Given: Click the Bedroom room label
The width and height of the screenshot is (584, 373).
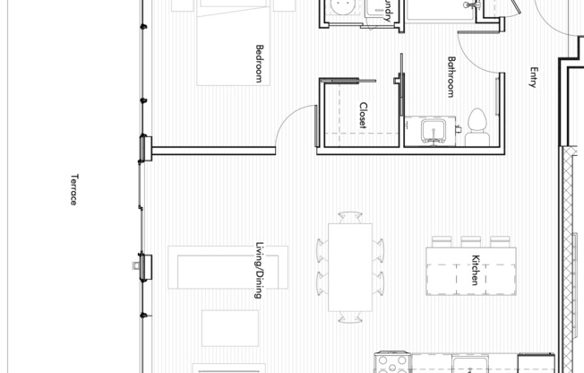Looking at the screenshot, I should click(259, 64).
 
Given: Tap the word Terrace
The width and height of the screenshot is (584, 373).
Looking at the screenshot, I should click(73, 189).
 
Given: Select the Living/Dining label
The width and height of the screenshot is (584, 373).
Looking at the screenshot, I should click(259, 270).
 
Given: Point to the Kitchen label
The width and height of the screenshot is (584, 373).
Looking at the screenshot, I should click(475, 271).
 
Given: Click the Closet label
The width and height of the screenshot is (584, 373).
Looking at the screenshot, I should click(363, 116).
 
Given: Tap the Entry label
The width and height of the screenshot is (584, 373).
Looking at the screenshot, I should click(533, 78).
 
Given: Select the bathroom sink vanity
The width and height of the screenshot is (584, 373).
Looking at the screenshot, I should click(432, 132).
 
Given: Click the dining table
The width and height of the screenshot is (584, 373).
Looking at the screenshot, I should click(350, 266).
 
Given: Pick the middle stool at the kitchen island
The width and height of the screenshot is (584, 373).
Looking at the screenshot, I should click(471, 241).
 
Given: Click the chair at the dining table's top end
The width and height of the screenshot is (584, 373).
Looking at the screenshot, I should click(350, 216).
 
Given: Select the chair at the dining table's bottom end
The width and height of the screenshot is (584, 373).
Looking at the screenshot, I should click(350, 317).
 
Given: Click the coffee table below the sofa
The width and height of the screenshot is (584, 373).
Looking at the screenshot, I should click(229, 327).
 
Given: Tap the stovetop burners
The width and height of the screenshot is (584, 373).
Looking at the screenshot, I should click(391, 364).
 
